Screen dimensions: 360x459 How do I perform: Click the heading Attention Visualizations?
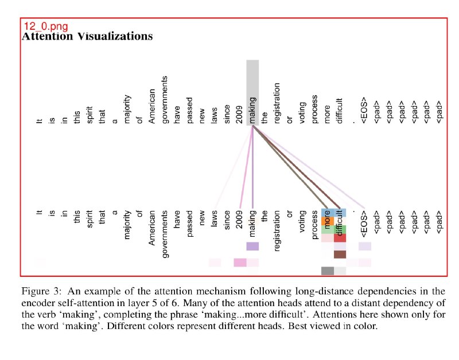87,37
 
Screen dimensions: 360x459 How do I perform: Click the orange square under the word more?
327,221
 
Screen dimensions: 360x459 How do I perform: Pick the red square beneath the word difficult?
340,237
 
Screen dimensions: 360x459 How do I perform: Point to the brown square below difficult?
340,255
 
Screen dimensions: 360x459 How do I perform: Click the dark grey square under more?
327,271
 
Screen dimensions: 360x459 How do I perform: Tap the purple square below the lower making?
252,246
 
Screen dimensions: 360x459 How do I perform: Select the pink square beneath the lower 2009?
240,263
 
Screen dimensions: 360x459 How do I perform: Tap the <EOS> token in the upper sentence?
365,112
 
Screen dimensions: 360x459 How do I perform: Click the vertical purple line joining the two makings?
252,166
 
